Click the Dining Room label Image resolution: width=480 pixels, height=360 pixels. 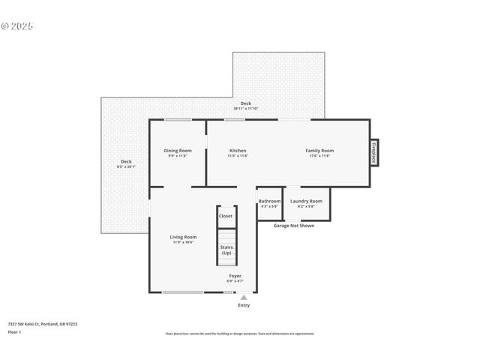click(x=178, y=153)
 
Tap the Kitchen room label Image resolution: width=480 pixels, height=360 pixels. click(x=238, y=153)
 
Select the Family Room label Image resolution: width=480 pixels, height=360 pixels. click(x=319, y=153)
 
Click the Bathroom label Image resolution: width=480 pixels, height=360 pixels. click(x=269, y=203)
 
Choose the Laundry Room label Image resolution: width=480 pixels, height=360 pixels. click(x=306, y=203)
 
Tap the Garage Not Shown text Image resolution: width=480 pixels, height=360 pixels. click(x=293, y=225)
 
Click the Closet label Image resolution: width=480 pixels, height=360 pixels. click(x=226, y=216)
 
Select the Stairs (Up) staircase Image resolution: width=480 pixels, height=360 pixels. click(x=226, y=249)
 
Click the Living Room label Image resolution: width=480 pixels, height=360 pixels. click(x=183, y=239)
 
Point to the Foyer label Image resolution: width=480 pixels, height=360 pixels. click(x=235, y=278)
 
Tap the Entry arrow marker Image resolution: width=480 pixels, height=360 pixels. click(x=244, y=298)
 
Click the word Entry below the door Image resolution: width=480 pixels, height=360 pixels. click(x=244, y=305)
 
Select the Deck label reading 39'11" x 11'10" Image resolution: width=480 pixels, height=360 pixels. click(x=245, y=106)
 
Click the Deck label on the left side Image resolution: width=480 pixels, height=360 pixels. click(x=126, y=164)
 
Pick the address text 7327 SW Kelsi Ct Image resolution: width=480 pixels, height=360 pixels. click(x=42, y=324)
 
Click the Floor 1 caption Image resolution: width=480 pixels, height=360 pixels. click(x=15, y=331)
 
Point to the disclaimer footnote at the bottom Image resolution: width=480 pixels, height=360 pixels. click(x=239, y=334)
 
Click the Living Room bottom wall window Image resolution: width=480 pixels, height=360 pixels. click(x=182, y=292)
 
